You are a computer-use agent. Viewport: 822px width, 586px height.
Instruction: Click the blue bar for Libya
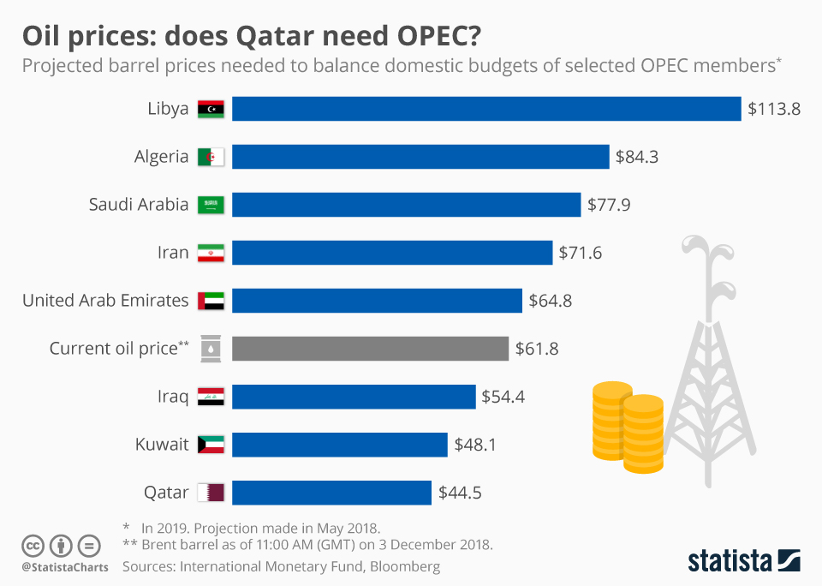[x=486, y=109]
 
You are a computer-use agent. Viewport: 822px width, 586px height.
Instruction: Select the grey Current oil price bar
[x=371, y=349]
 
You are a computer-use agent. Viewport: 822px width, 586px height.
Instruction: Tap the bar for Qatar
[x=331, y=493]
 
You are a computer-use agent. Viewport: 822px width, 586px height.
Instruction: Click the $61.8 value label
[x=537, y=349]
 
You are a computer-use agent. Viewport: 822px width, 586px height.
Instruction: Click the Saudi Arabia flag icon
[x=211, y=205]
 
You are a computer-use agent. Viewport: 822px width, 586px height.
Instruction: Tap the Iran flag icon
[x=211, y=253]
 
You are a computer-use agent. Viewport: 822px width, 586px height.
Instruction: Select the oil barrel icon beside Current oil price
[x=211, y=349]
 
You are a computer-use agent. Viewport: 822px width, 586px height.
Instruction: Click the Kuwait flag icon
[x=211, y=445]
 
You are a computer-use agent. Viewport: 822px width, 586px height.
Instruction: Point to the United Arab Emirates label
[x=105, y=301]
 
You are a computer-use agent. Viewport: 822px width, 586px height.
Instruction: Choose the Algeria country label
[x=161, y=157]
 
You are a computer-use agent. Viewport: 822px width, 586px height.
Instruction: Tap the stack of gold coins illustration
[x=628, y=426]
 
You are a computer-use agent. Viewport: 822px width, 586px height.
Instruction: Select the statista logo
[x=743, y=561]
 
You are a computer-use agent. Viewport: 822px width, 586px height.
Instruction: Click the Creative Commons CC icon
[x=33, y=545]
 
